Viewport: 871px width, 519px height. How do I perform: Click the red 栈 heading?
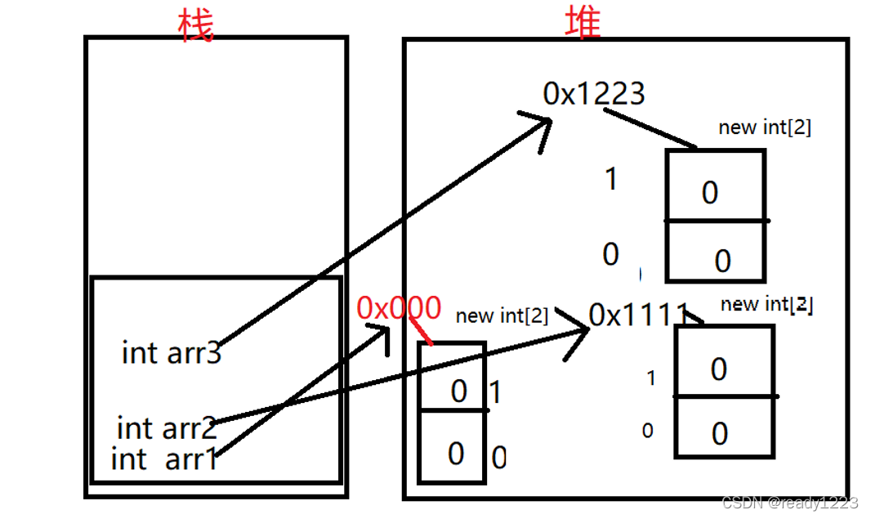tap(195, 25)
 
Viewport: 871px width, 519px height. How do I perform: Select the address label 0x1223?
tap(594, 94)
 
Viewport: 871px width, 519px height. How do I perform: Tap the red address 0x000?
tap(399, 308)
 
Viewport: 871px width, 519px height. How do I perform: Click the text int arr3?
tap(172, 353)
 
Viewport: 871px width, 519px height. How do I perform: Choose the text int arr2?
tap(167, 427)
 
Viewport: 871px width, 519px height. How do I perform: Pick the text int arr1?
tap(165, 459)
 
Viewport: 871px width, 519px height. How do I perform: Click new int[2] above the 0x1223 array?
tap(764, 128)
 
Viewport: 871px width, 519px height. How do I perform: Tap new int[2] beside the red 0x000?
tap(502, 315)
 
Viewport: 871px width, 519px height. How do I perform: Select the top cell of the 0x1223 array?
tap(715, 186)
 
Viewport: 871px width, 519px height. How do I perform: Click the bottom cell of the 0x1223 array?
tap(715, 252)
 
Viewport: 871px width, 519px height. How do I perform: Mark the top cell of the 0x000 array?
tap(452, 378)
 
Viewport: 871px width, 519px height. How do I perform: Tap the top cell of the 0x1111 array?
tap(723, 362)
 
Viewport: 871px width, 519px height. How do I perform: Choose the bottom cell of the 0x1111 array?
tap(723, 427)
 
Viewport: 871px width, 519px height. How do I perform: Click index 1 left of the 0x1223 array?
tap(610, 179)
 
